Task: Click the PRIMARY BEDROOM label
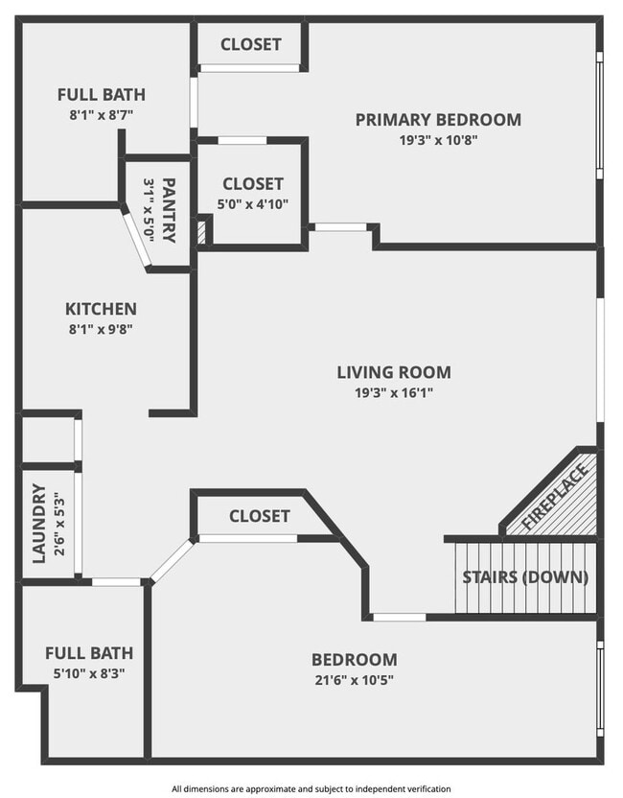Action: point(438,120)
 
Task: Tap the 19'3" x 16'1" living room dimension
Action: point(393,392)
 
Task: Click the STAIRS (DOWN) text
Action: point(525,577)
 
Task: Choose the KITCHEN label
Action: point(101,309)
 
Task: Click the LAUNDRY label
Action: point(39,523)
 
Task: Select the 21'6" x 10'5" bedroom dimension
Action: point(354,680)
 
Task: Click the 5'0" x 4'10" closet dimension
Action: point(253,203)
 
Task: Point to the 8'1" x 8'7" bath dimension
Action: point(102,114)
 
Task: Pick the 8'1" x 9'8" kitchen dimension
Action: point(101,329)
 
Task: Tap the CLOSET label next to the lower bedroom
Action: point(259,516)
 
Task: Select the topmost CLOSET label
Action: point(251,44)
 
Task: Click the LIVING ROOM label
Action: point(393,372)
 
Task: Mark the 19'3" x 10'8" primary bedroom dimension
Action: point(438,140)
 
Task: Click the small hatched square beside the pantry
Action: point(202,233)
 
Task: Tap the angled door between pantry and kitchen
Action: point(137,240)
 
